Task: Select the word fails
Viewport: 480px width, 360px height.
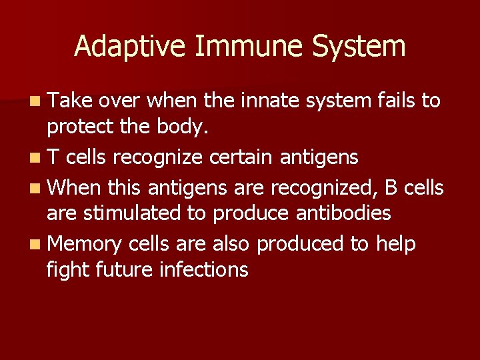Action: coord(396,101)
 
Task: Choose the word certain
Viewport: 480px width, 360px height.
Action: coord(241,158)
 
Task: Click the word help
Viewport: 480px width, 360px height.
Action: coord(396,245)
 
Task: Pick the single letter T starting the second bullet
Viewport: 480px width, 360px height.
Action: coord(53,158)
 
